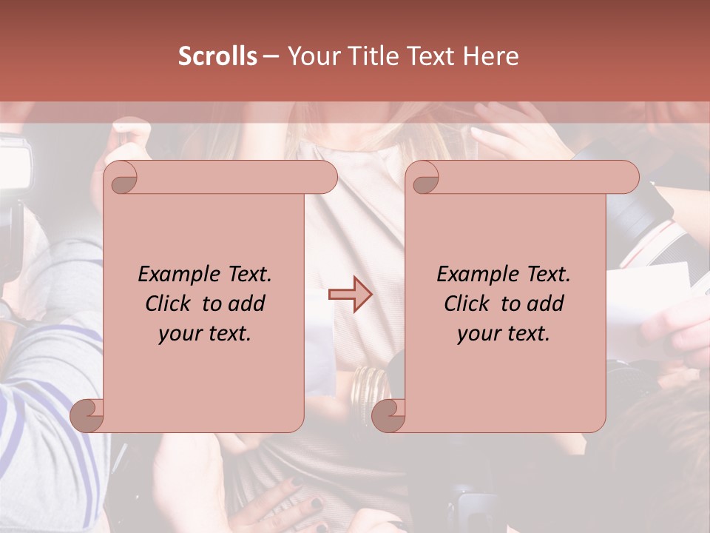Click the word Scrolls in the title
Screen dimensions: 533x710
218,56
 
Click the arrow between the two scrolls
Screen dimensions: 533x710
351,295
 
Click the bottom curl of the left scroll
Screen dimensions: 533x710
87,415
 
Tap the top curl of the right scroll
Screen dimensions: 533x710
424,178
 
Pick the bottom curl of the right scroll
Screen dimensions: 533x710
388,415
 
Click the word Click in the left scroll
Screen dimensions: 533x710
171,304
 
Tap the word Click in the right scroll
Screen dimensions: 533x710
470,304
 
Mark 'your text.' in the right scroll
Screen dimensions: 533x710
504,334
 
